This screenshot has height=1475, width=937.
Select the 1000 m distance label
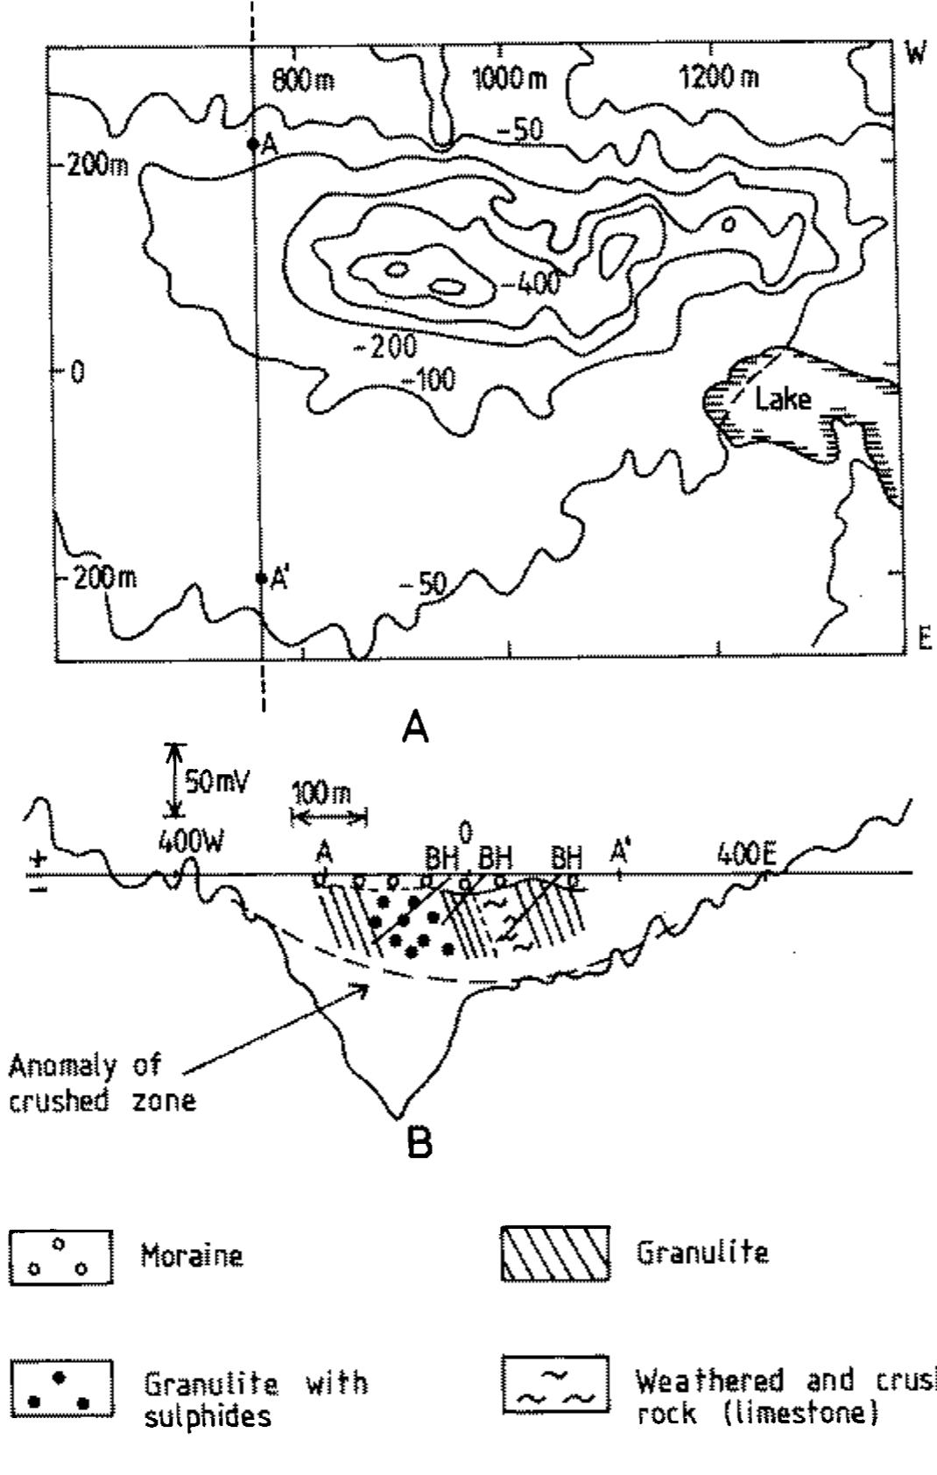coord(511,79)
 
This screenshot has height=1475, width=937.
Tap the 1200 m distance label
coord(719,78)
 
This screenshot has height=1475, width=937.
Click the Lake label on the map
coord(784,399)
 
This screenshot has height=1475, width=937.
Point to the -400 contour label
coord(533,282)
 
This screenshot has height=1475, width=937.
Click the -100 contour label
coord(428,379)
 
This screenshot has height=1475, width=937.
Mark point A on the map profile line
coord(252,143)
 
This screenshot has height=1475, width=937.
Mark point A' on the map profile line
coord(261,578)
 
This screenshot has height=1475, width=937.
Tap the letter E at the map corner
coord(924,642)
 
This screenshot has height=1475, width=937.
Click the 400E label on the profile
coord(746,853)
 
